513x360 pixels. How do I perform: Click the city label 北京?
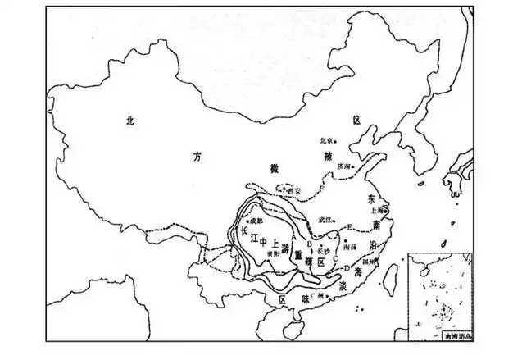click(x=329, y=139)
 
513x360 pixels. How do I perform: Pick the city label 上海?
click(x=376, y=209)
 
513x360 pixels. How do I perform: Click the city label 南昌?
click(x=351, y=245)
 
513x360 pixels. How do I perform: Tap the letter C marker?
click(x=336, y=258)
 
